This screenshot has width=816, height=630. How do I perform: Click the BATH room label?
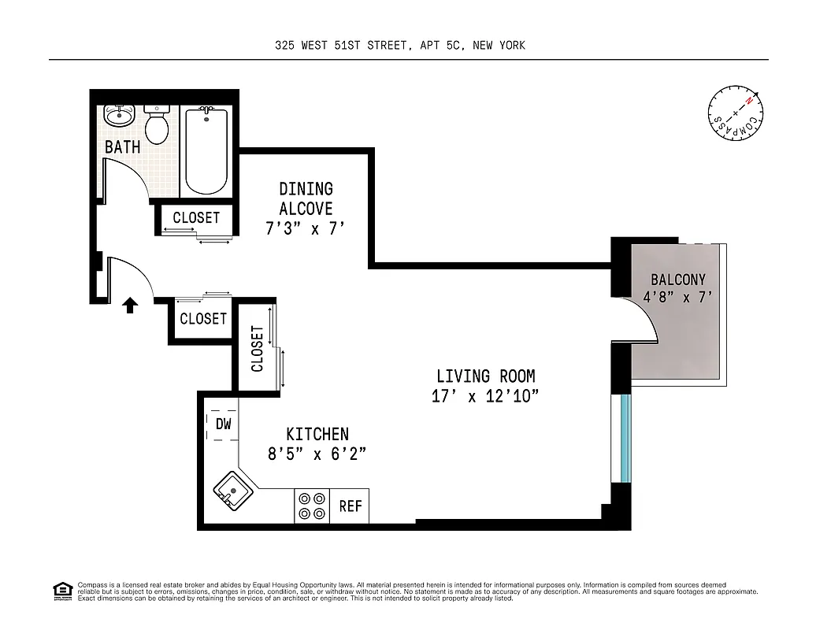(x=123, y=147)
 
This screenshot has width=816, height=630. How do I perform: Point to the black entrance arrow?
(x=131, y=306)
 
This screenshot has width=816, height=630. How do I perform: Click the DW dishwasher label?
(x=224, y=424)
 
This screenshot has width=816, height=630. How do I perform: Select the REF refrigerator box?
(x=351, y=506)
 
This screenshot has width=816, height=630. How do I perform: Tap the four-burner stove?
(x=311, y=506)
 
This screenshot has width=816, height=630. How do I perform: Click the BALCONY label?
(x=678, y=280)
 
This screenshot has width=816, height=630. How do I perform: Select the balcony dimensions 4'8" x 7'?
(x=678, y=298)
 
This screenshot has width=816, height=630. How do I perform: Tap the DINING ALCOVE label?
(x=306, y=199)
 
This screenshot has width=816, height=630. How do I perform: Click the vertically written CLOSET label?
(x=257, y=349)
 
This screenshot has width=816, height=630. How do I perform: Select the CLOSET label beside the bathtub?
(x=196, y=218)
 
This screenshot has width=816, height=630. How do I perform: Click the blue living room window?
(x=625, y=437)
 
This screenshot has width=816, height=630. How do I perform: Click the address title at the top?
(x=400, y=46)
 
